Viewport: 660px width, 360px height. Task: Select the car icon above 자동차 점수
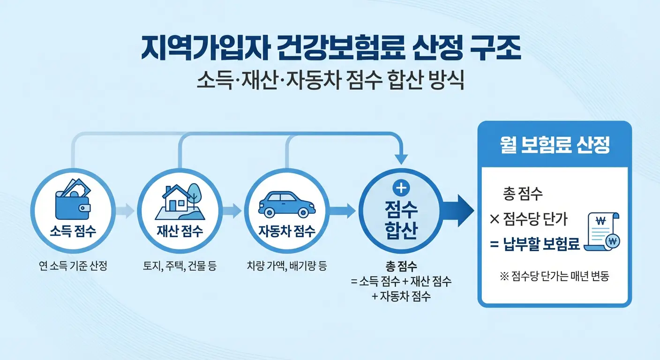[286, 204]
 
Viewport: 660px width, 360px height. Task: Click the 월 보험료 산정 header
[555, 146]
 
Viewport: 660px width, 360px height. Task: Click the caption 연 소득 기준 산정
[73, 267]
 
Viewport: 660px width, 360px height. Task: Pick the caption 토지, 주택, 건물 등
[180, 267]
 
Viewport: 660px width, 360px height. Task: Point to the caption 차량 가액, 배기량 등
[286, 267]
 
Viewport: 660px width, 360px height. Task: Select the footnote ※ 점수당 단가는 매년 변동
[555, 277]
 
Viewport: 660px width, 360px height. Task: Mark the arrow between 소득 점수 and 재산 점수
[125, 211]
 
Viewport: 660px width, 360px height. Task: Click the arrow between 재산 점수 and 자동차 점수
[232, 211]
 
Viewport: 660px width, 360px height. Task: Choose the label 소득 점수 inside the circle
[72, 231]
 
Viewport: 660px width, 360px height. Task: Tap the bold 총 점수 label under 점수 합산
[401, 267]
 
